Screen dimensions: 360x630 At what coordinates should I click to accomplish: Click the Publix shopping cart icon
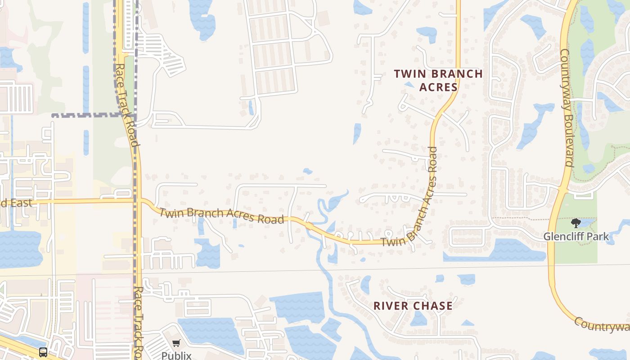(176, 343)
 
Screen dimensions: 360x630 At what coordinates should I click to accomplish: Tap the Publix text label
(176, 355)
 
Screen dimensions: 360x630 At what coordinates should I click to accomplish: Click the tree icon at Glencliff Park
(576, 223)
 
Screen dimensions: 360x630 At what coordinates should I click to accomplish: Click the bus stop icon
(43, 352)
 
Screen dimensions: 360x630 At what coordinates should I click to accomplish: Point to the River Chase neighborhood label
(413, 306)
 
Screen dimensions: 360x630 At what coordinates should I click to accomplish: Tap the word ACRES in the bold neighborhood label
(438, 87)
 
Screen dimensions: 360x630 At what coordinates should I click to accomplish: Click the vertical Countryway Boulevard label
(567, 108)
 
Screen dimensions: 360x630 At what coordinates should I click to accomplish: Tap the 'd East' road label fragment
(17, 203)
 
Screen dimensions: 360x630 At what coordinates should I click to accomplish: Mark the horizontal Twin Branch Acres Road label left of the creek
(221, 215)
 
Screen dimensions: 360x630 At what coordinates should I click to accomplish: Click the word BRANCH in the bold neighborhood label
(454, 74)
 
